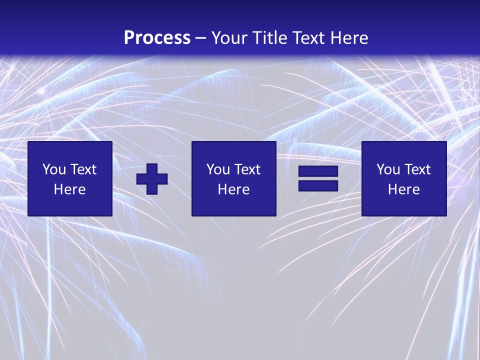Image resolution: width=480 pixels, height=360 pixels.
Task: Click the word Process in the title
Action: tap(157, 37)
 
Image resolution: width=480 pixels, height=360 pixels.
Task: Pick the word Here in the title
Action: tap(350, 37)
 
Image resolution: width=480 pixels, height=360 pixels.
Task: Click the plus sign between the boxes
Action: tap(152, 178)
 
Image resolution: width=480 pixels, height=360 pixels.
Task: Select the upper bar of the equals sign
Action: tap(318, 171)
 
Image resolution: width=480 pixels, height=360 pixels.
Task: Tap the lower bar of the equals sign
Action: tap(318, 185)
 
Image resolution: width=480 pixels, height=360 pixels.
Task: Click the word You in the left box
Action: tap(54, 169)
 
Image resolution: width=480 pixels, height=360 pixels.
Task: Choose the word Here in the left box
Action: tap(69, 189)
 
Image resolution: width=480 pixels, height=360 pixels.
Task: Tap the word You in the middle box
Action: tap(218, 169)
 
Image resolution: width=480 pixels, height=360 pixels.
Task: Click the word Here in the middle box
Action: tap(233, 189)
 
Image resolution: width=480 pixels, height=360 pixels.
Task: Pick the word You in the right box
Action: tap(388, 169)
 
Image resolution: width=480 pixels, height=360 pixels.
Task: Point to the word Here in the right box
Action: tap(403, 189)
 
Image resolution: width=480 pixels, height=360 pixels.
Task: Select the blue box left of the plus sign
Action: tap(69, 205)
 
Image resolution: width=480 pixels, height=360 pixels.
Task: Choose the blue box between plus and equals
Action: tap(233, 205)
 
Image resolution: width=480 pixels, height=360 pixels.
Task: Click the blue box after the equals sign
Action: tap(403, 205)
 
